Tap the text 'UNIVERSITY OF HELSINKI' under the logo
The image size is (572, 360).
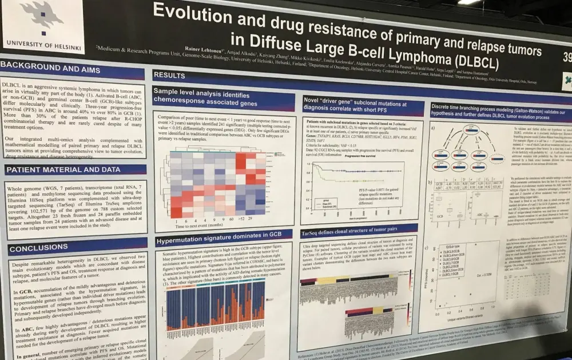[x=41, y=44]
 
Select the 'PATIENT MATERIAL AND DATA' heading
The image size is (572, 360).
[x=63, y=170]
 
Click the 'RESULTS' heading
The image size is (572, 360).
[x=170, y=75]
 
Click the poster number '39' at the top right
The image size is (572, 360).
[x=566, y=57]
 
